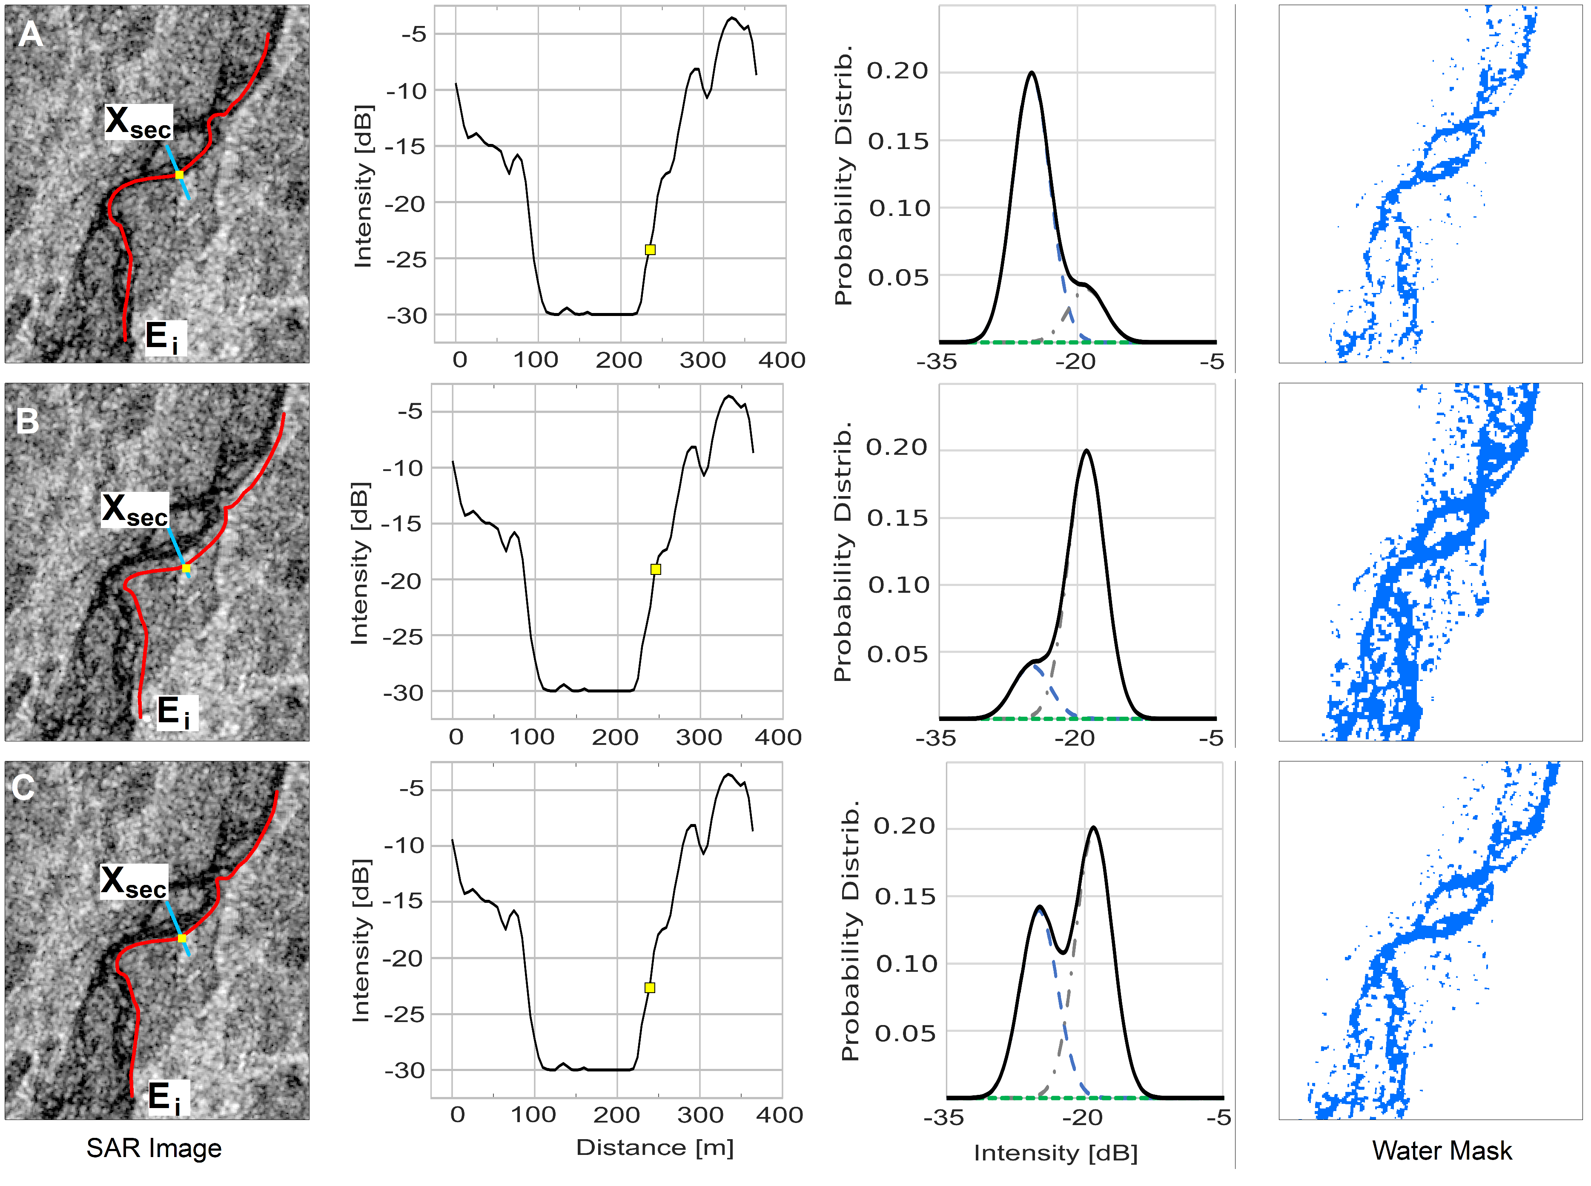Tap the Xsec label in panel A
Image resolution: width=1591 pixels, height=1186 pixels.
coord(138,122)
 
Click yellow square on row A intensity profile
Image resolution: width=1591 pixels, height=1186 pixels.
coord(650,250)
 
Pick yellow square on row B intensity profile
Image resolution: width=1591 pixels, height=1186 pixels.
coord(655,569)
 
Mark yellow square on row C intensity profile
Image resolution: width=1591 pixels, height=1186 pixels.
coord(649,988)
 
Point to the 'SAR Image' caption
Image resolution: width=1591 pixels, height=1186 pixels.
coord(154,1149)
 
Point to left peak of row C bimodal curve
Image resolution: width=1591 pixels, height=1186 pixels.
coord(1038,907)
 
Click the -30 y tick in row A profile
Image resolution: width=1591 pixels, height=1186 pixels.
coord(407,316)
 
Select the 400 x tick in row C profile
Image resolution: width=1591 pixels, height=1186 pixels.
coord(780,1115)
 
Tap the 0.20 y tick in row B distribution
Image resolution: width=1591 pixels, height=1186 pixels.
coord(896,447)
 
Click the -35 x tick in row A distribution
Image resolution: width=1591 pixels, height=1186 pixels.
coord(937,361)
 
